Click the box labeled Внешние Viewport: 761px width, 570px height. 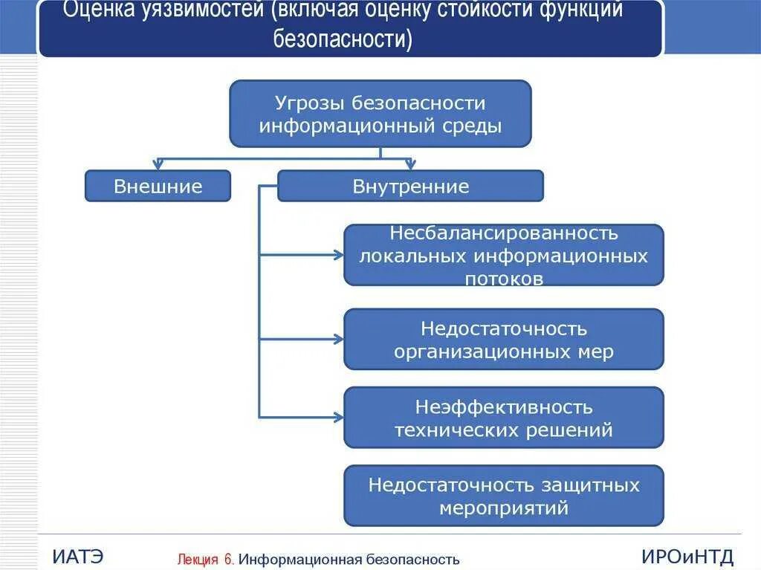pyautogui.click(x=158, y=186)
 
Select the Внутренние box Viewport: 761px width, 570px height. pyautogui.click(x=410, y=186)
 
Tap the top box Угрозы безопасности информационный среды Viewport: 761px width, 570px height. pyautogui.click(x=380, y=114)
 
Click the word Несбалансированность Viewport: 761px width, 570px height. pyautogui.click(x=503, y=233)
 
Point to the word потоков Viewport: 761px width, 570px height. pyautogui.click(x=503, y=279)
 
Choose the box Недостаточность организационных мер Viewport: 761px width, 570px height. pyautogui.click(x=503, y=340)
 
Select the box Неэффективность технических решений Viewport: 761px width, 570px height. pyautogui.click(x=503, y=418)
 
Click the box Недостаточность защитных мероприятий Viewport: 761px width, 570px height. pyautogui.click(x=503, y=496)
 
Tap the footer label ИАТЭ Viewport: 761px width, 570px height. pyautogui.click(x=78, y=556)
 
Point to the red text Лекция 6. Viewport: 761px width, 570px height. pyautogui.click(x=206, y=559)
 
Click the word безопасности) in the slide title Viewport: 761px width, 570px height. pyautogui.click(x=343, y=38)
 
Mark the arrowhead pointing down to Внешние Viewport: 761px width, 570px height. pyautogui.click(x=158, y=165)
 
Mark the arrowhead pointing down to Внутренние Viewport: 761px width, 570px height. pyautogui.click(x=410, y=165)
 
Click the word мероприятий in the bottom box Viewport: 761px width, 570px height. pyautogui.click(x=503, y=508)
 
